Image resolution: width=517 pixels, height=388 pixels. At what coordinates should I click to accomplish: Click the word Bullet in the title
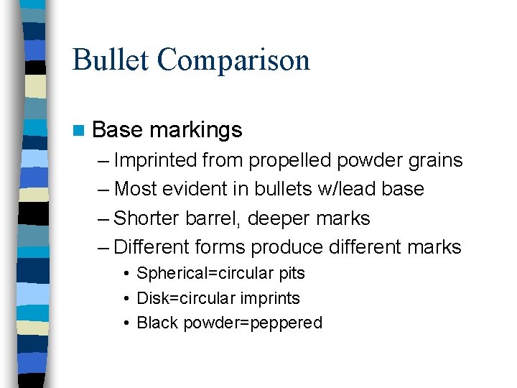[x=111, y=60]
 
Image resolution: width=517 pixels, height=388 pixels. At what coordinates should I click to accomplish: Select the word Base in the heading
[x=118, y=130]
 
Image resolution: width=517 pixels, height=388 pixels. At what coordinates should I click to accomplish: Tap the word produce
[x=287, y=248]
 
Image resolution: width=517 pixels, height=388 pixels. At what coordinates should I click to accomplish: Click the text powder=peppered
[x=253, y=323]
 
